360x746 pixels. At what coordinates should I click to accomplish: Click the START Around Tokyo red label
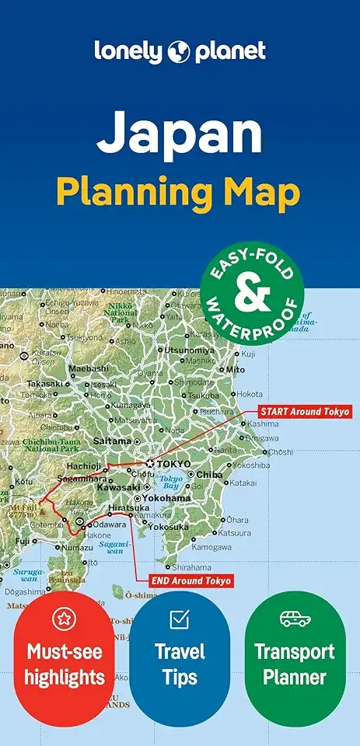point(304,411)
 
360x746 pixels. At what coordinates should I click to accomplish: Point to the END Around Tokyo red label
point(184,580)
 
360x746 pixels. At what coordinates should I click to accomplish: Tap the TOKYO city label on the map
point(173,464)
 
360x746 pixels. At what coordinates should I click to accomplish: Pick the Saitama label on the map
point(112,441)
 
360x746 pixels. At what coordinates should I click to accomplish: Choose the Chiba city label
point(209,475)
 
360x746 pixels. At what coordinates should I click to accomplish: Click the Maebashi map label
point(89,368)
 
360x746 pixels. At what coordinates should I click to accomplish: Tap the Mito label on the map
point(235,370)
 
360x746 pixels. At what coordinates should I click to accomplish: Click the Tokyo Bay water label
point(174,483)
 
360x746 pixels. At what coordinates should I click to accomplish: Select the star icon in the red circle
point(64,619)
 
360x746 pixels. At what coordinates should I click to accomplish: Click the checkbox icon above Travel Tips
point(180,619)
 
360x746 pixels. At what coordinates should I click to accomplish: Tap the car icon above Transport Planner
point(295,619)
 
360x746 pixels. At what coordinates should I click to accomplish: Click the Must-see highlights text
point(64,664)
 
